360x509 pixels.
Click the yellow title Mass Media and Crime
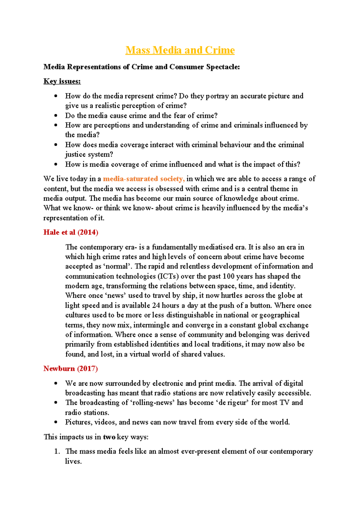pyautogui.click(x=180, y=50)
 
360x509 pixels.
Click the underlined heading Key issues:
pyautogui.click(x=62, y=81)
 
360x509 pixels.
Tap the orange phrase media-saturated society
pyautogui.click(x=143, y=179)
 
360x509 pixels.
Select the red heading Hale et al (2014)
pyautogui.click(x=71, y=232)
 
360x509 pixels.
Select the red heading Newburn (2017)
pyautogui.click(x=70, y=369)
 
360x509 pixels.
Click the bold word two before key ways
pyautogui.click(x=109, y=437)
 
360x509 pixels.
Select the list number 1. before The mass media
pyautogui.click(x=57, y=451)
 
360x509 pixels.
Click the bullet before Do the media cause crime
pyautogui.click(x=56, y=116)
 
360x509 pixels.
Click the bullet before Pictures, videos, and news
pyautogui.click(x=56, y=422)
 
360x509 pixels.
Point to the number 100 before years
pyautogui.click(x=228, y=276)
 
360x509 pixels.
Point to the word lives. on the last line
pyautogui.click(x=73, y=461)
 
